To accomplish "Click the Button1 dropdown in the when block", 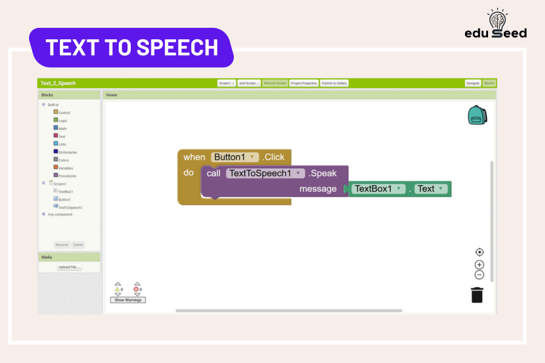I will point(235,157).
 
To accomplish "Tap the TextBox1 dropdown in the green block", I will point(379,189).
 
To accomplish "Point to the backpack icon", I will point(477,115).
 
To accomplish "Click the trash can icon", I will point(477,295).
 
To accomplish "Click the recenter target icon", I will point(480,252).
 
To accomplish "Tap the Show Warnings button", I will point(128,300).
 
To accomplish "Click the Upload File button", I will point(69,267).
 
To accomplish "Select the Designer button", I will point(473,83).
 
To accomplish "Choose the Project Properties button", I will point(303,83).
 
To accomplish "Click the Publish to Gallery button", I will point(334,83).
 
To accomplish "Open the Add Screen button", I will point(249,83).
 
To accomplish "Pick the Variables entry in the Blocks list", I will point(65,168).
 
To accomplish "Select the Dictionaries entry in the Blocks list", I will point(67,152).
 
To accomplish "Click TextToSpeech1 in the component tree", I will point(70,208).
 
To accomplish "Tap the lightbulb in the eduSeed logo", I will point(497,19).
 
